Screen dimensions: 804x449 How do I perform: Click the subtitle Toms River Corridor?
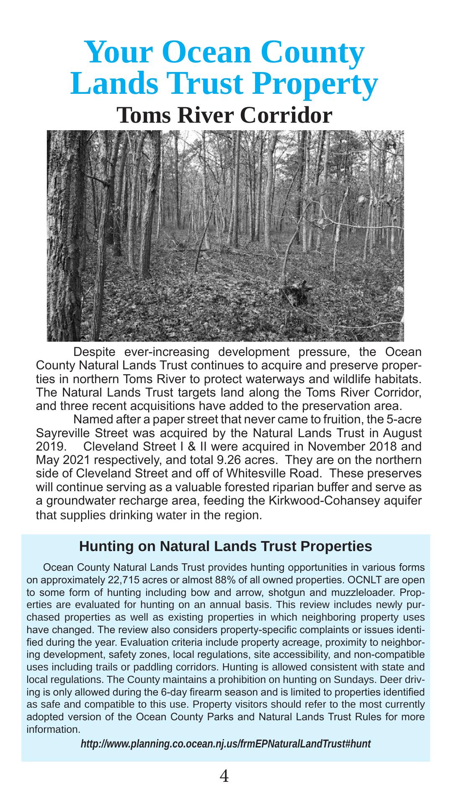(x=224, y=116)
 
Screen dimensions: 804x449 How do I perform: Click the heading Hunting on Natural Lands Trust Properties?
(x=225, y=546)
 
